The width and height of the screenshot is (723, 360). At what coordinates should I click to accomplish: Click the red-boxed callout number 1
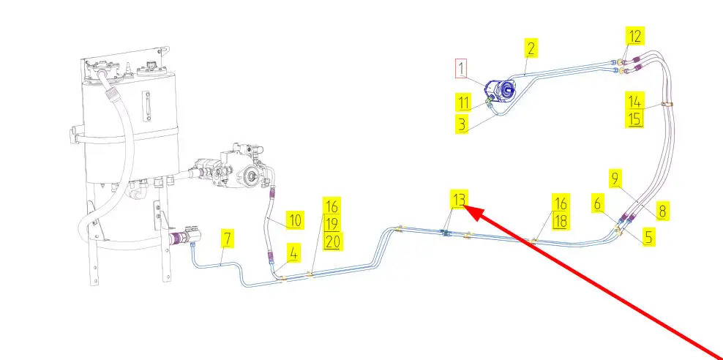point(462,69)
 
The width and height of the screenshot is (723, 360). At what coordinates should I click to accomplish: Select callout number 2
point(531,50)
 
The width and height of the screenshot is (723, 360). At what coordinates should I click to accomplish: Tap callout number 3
point(462,123)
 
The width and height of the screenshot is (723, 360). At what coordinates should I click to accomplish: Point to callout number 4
point(293,254)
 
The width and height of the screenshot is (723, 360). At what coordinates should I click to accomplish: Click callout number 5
point(649,237)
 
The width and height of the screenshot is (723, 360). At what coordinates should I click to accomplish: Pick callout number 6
point(598,206)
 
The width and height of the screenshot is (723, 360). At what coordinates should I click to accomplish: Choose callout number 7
point(228,239)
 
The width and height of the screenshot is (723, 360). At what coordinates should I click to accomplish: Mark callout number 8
point(662,211)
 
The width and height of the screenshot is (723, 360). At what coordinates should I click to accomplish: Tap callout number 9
point(615,178)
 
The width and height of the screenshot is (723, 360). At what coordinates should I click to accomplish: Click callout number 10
point(294,220)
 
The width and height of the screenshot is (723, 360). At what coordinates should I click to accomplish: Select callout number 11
point(463,102)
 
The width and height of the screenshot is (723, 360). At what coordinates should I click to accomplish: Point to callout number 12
point(634,34)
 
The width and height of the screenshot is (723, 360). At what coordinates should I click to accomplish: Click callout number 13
point(459,199)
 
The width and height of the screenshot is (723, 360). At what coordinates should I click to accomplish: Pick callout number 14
point(634,100)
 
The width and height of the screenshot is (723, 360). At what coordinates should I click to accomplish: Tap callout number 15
point(634,118)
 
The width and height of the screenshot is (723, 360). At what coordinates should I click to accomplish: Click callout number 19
point(332,222)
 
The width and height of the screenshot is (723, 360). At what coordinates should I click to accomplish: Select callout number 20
point(332,241)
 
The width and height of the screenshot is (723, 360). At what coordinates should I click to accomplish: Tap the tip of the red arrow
point(467,208)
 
